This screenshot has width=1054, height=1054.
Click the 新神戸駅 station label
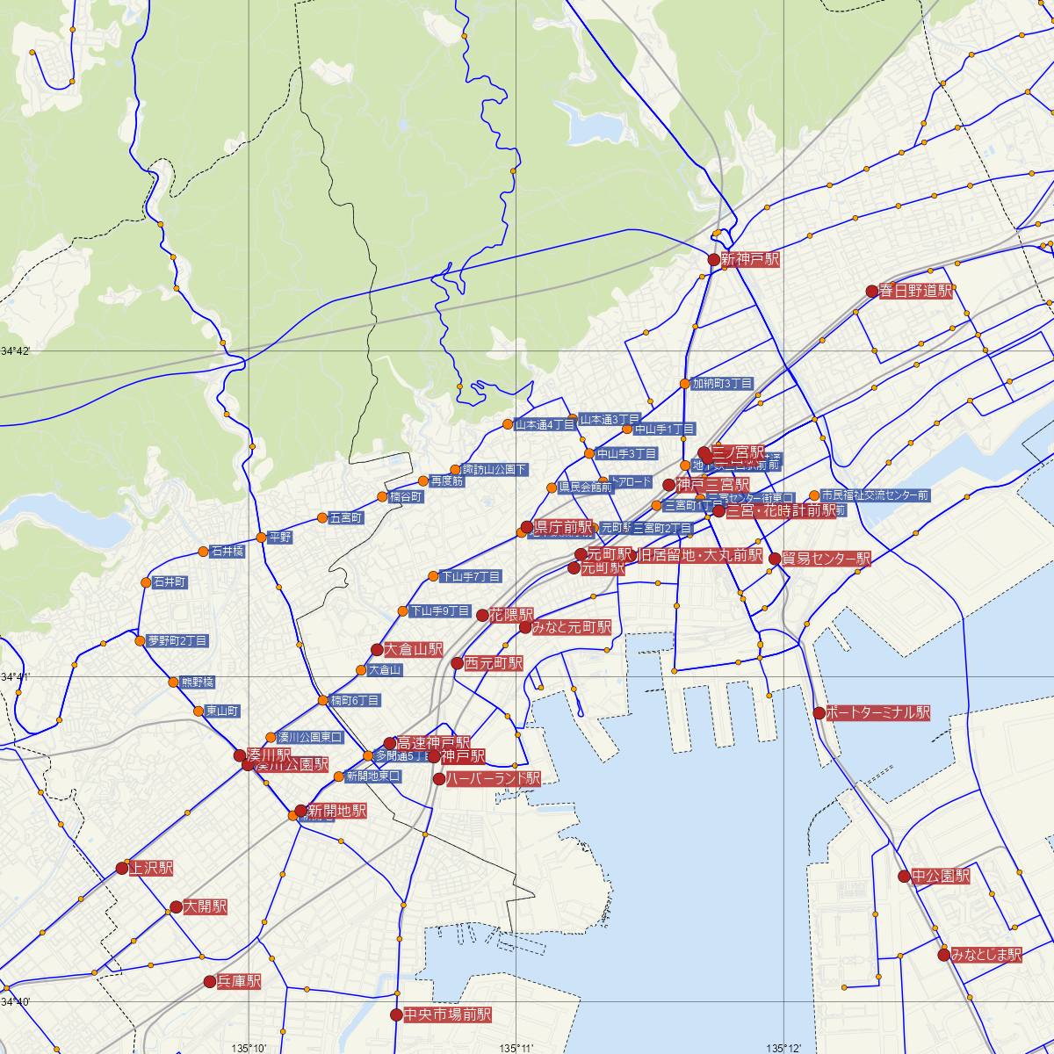coord(750,260)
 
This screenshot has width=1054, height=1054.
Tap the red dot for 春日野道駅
coord(872,291)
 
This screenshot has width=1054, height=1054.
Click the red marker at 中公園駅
coord(904,876)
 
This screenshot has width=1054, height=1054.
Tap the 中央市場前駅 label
coord(447,1014)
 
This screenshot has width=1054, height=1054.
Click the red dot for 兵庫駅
coord(210,981)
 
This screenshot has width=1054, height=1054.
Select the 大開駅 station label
coord(206,906)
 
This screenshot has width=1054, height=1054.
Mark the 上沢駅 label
coord(151,869)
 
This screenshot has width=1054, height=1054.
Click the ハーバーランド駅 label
coord(493,778)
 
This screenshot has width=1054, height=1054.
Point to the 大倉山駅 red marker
coord(377,650)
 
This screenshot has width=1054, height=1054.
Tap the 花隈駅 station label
coord(512,615)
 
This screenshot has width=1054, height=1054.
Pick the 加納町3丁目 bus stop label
coord(722,384)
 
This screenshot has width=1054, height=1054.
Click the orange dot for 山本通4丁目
coord(508,425)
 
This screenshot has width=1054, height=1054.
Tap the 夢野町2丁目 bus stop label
coord(177,641)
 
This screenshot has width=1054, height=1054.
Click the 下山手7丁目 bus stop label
coord(471,576)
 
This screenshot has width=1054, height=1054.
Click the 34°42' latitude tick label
coord(15,351)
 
